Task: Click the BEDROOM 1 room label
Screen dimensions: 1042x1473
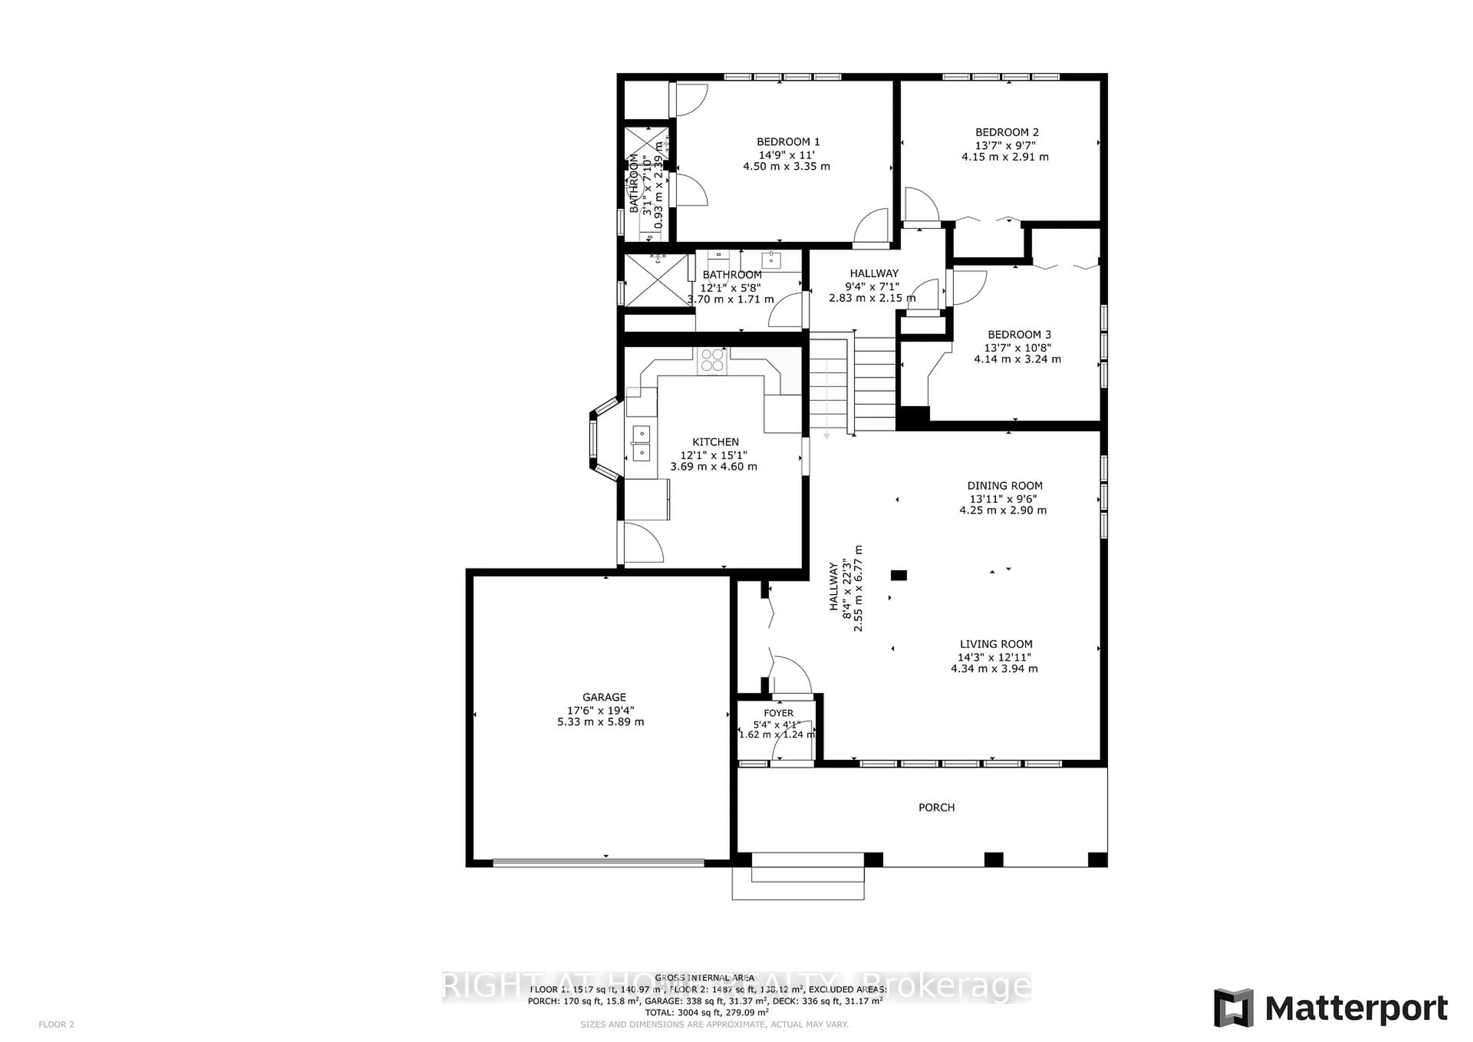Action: coord(788,142)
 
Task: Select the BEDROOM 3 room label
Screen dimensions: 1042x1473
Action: coord(1019,334)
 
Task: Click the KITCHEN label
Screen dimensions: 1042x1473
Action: coord(715,442)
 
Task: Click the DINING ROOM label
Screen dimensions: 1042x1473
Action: coord(1005,486)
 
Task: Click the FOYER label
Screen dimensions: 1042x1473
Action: coord(778,713)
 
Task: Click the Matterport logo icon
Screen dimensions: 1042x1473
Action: coord(1233,1007)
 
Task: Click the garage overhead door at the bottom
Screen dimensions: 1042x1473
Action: coord(598,863)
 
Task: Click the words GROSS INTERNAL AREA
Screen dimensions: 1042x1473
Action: coord(704,978)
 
